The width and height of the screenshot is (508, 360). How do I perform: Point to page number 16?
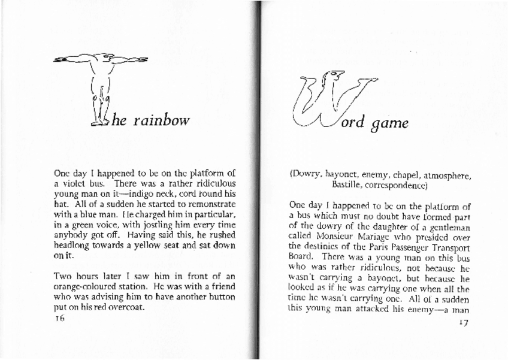click(59, 319)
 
